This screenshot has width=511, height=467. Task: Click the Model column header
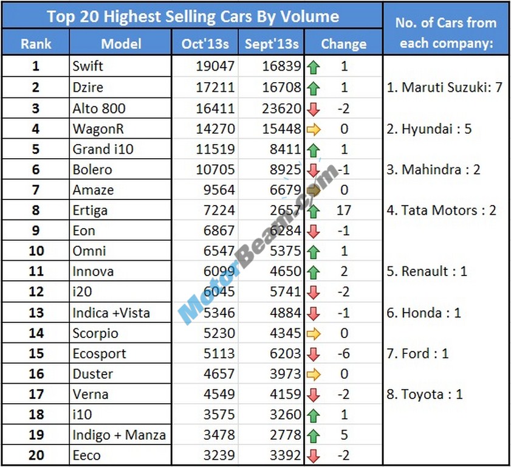point(121,43)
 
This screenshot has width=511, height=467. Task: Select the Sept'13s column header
point(272,43)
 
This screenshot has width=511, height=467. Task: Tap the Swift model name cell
point(89,66)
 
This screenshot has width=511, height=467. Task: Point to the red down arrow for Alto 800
point(314,109)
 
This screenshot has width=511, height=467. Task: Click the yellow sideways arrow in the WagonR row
point(314,129)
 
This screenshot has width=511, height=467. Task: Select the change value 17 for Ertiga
point(344,210)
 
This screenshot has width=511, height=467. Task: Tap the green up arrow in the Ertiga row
point(314,211)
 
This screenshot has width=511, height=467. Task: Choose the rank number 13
point(36,313)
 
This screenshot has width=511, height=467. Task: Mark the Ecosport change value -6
point(343,353)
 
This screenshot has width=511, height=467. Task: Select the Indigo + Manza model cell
point(119,435)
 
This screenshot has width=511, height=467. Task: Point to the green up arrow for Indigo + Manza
point(314,435)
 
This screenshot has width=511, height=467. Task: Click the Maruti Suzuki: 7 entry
point(445,88)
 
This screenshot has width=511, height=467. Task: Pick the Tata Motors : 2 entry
point(442,210)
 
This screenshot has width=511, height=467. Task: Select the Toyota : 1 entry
point(424,394)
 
